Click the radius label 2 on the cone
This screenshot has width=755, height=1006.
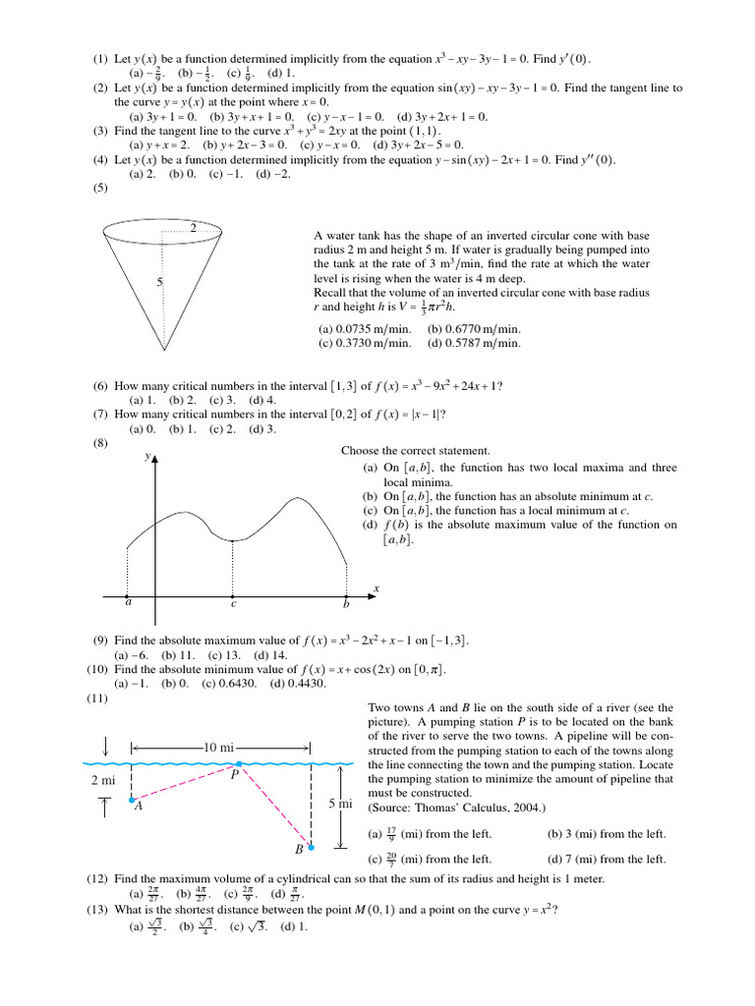pyautogui.click(x=194, y=228)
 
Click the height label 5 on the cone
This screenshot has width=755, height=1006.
pyautogui.click(x=159, y=282)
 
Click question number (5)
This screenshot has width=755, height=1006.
pyautogui.click(x=100, y=190)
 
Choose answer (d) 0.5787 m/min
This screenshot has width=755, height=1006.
pyautogui.click(x=474, y=344)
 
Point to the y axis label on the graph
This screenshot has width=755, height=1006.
pyautogui.click(x=146, y=458)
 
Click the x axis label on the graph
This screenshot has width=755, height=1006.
pyautogui.click(x=377, y=587)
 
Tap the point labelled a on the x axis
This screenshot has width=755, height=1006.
pyautogui.click(x=129, y=596)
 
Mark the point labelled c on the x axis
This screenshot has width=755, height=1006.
pyautogui.click(x=233, y=596)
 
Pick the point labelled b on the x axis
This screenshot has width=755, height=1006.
pyautogui.click(x=346, y=596)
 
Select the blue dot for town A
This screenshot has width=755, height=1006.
pyautogui.click(x=133, y=801)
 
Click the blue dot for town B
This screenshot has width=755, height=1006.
pyautogui.click(x=312, y=847)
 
